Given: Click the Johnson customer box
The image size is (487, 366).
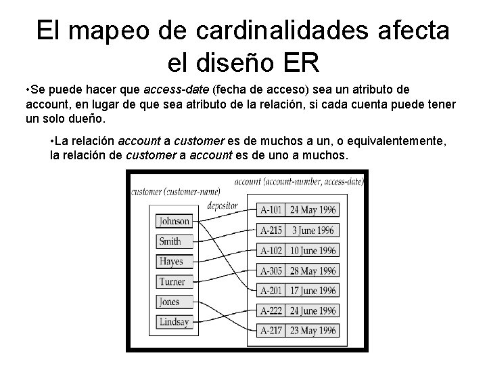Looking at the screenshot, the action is pos(175,221).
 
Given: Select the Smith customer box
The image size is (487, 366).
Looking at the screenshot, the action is pos(170,241).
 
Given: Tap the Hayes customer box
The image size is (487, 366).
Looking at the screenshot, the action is pos(171,262).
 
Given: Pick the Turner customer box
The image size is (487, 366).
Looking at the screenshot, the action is pos(172,282).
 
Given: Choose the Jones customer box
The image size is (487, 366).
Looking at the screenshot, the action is pos(169,302).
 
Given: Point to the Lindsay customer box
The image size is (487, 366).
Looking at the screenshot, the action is pos(174,322).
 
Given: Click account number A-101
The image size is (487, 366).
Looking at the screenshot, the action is pos(272,210).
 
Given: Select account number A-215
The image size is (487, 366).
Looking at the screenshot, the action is pos(272,230).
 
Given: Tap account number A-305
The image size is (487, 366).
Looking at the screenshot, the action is pos(272,271).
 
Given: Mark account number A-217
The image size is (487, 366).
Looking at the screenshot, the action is pos(272,331).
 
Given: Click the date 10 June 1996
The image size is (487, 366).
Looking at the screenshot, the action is pos(312,251).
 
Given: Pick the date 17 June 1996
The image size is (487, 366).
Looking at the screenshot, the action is pos(312,291).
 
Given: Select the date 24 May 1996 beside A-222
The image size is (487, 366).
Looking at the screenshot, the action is pos(312,311).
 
